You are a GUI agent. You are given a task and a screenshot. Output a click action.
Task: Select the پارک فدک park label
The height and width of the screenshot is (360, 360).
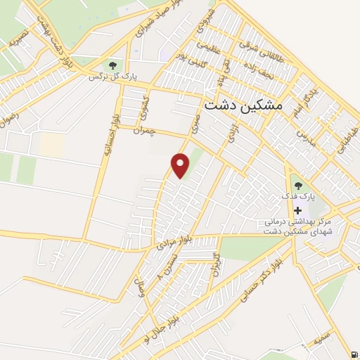coord(297,198)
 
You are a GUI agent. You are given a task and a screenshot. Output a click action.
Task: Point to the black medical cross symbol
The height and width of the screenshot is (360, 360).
coord(298,210)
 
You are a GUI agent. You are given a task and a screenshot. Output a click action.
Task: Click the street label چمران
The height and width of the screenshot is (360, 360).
coord(143,129)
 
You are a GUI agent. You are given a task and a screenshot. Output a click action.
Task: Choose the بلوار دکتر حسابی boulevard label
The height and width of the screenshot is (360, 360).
coord(257,285)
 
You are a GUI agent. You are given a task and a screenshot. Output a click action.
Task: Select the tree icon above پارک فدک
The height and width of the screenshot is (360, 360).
coord(298,186)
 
